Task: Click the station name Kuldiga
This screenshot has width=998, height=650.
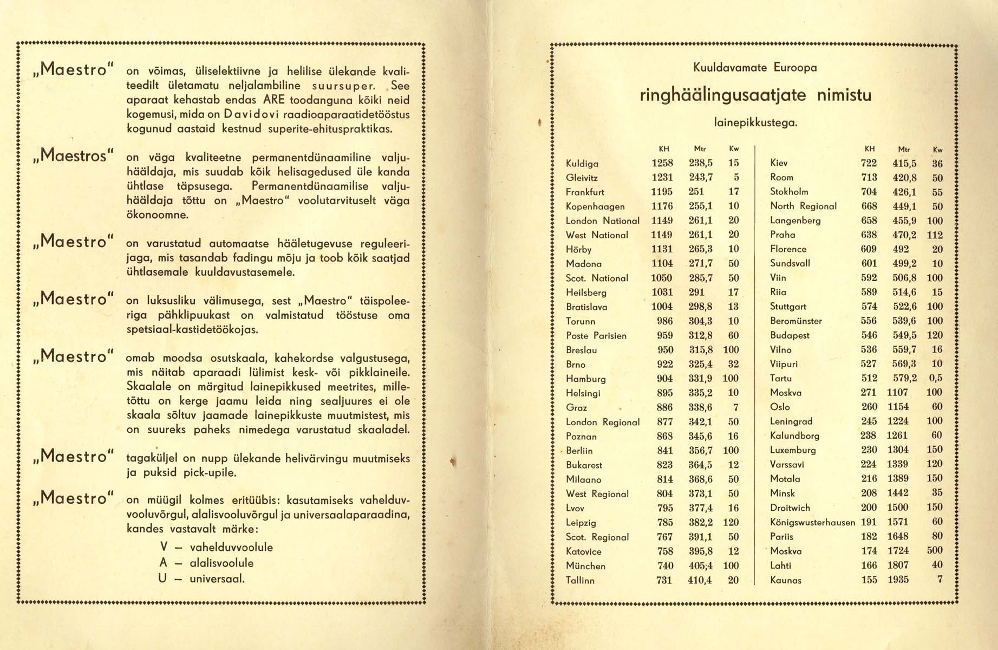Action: pos(582,164)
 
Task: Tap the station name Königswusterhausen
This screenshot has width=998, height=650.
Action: pos(812,522)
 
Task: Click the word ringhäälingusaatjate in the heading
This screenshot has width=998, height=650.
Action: pos(722,96)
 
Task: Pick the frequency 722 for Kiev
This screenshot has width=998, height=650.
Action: pos(869,163)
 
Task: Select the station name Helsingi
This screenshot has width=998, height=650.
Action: pos(583,393)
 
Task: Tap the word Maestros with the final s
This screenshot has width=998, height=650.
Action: pos(73,156)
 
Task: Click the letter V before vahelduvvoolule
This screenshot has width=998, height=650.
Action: pos(164,547)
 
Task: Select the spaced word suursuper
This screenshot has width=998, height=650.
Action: pos(344,86)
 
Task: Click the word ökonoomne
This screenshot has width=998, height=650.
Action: pos(157,215)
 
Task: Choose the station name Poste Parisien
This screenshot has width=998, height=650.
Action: pos(596,336)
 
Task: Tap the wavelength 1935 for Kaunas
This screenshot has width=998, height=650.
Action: pos(898,580)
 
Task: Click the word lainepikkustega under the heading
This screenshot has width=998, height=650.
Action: pos(755,123)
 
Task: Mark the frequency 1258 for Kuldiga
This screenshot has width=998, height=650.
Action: pos(662,163)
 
